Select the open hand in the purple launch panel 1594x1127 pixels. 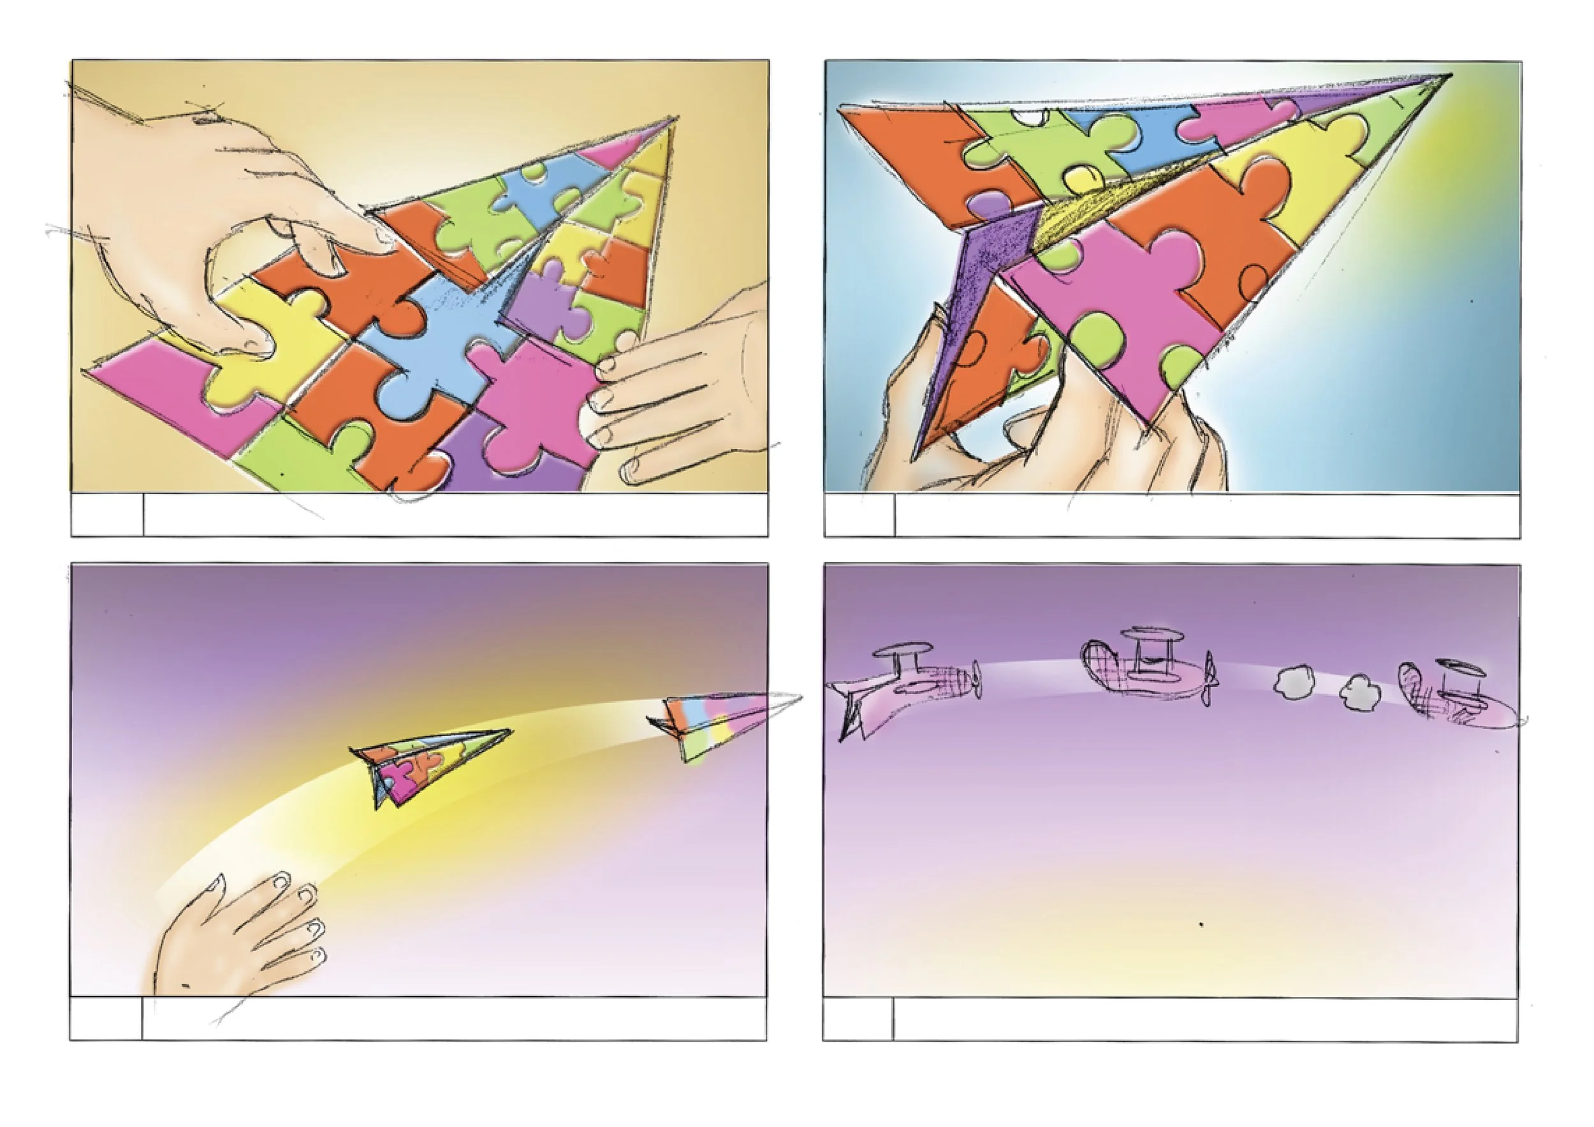236,937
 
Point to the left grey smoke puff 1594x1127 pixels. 1295,681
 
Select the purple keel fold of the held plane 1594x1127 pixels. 972,305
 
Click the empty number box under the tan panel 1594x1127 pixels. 107,514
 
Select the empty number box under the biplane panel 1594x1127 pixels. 858,1019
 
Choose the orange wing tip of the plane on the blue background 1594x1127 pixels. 896,146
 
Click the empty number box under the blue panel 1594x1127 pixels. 859,516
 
